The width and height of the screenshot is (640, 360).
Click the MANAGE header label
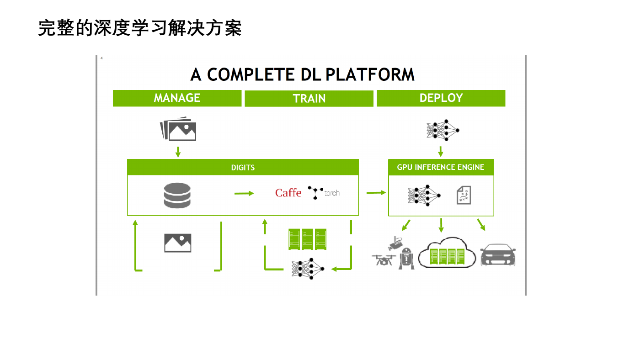click(177, 98)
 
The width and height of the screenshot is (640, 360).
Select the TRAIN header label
click(309, 99)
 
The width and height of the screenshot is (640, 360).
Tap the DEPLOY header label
click(441, 98)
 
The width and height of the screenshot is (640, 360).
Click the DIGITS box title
click(243, 168)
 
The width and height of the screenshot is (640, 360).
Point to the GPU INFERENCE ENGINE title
click(441, 167)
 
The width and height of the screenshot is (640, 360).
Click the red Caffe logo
click(288, 193)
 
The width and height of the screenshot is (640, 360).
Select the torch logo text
click(332, 193)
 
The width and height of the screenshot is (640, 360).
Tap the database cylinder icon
click(177, 195)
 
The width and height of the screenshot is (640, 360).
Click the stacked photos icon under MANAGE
click(178, 129)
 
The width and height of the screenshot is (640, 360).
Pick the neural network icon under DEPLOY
click(443, 130)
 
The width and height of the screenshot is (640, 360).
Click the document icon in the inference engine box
click(464, 195)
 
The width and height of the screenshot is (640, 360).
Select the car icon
click(498, 254)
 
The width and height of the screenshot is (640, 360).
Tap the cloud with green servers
click(447, 252)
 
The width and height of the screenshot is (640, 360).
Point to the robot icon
click(406, 259)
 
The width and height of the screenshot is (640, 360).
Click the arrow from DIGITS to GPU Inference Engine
click(376, 193)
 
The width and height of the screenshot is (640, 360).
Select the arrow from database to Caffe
click(244, 194)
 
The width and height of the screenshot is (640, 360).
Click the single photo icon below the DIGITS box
click(178, 243)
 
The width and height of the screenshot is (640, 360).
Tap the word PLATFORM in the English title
click(370, 74)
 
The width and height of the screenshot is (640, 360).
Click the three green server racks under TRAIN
click(307, 239)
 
